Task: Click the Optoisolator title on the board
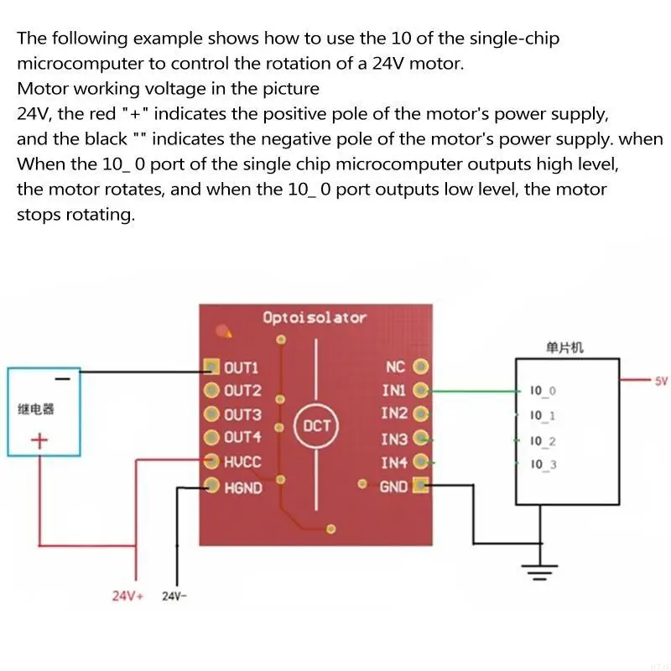coord(315,318)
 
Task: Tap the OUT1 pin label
coord(242,367)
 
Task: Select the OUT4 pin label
coord(242,437)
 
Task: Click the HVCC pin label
coord(242,460)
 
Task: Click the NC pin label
coord(395,367)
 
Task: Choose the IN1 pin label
coord(393,390)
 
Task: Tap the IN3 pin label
coord(393,439)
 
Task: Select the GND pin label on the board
coord(393,486)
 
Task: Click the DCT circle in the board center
coord(316,426)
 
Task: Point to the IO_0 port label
coord(543,391)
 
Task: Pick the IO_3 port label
coord(543,465)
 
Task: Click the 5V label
coord(661,382)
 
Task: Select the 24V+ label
coord(128,596)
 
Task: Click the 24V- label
coord(176,596)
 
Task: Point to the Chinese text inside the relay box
coord(36,410)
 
